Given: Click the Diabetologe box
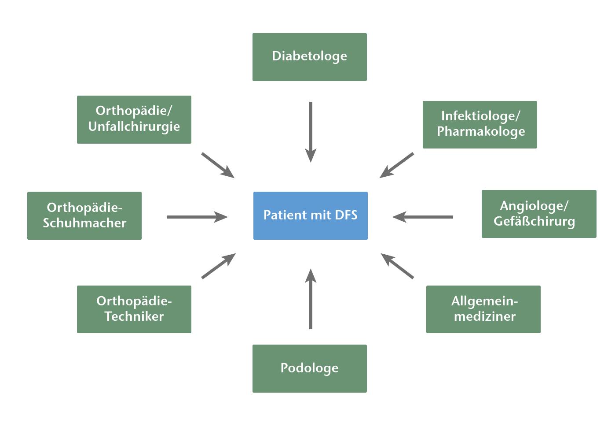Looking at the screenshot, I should click(x=309, y=57).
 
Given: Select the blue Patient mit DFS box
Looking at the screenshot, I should click(x=310, y=215).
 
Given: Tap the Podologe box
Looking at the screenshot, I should click(x=309, y=368).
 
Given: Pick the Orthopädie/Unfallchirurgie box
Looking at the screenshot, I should click(x=134, y=119).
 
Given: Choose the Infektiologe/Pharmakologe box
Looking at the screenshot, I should click(x=480, y=124).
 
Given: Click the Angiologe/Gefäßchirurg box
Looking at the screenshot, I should click(x=538, y=214).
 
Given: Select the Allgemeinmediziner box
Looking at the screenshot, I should click(x=483, y=309).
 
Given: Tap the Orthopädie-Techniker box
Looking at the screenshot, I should click(x=134, y=309).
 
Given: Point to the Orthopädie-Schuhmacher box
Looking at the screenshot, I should click(x=84, y=215).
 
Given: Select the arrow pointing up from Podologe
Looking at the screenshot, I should click(x=311, y=299).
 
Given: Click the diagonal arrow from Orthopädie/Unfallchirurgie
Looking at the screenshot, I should click(x=218, y=165).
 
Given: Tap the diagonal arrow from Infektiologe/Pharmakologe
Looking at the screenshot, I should click(x=397, y=165).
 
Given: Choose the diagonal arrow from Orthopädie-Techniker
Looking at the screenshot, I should click(x=218, y=266).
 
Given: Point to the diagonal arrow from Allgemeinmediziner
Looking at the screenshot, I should click(x=397, y=266).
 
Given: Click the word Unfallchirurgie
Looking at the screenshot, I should click(x=134, y=127).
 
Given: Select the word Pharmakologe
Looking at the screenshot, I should click(x=480, y=131).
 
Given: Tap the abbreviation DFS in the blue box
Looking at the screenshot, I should click(x=346, y=215).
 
